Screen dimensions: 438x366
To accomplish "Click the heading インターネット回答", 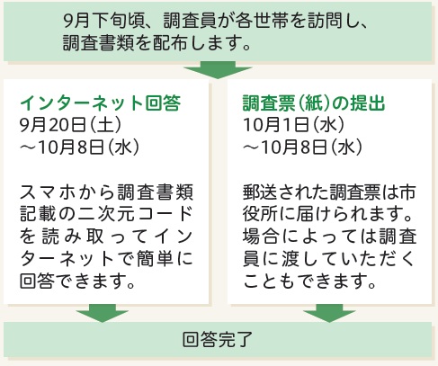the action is [100, 103].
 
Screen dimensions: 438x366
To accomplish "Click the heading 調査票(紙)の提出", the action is [314, 103].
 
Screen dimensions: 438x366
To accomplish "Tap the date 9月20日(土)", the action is [71, 125].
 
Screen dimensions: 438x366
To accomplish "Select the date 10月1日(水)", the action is [294, 125].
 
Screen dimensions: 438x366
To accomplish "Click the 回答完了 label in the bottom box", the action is [218, 339].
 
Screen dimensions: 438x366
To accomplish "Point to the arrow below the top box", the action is [218, 70].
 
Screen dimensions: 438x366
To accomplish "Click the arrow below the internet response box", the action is [103, 313].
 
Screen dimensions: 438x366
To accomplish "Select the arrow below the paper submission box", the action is [329, 313].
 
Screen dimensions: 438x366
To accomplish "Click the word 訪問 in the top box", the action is [324, 22].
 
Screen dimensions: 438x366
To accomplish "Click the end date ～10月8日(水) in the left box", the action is [79, 147].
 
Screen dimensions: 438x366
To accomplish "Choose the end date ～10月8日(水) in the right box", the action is [302, 147].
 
